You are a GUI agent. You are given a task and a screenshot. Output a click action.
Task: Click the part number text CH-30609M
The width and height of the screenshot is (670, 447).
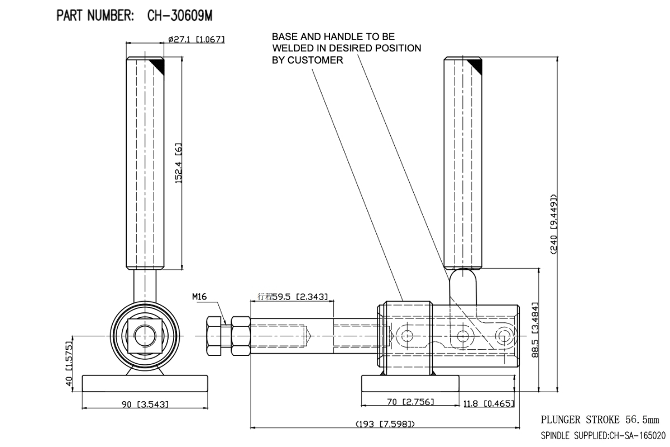[180, 16]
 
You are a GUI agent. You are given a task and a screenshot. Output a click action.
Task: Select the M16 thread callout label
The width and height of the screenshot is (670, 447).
[199, 298]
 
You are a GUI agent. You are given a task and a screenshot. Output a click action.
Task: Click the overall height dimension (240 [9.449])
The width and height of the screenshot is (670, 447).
[554, 223]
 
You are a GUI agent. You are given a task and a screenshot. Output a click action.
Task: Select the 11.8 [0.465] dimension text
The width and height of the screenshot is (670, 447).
[488, 403]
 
